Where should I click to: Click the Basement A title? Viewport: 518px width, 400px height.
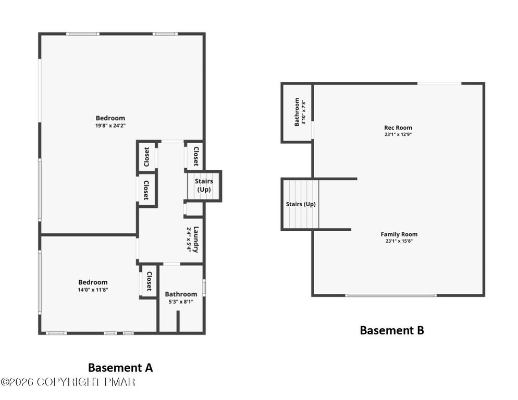120,368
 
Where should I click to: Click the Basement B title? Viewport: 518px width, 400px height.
392,330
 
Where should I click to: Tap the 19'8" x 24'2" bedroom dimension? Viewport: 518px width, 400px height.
110,126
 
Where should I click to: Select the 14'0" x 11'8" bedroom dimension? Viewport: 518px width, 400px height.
93,290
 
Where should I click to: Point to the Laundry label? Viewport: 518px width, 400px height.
196,240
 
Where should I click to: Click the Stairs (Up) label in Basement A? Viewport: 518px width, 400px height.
204,185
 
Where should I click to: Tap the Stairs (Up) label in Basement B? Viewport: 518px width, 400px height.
301,204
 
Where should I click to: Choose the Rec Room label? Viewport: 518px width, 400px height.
398,128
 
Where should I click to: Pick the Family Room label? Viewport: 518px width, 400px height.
399,234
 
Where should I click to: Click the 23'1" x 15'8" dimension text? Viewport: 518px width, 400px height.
399,241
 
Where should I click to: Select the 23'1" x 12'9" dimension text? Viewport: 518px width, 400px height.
398,134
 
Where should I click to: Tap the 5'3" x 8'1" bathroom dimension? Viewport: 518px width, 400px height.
181,302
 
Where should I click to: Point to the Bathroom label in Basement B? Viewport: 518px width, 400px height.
297,112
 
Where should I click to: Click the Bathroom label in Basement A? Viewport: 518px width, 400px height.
181,294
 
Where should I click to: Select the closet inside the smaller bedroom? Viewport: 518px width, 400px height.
149,281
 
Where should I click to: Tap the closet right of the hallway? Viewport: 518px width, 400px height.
195,156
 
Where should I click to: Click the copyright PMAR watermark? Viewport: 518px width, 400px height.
68,382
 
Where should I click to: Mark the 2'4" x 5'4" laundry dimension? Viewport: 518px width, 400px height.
189,240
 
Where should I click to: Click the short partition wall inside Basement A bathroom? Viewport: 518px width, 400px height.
178,321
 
